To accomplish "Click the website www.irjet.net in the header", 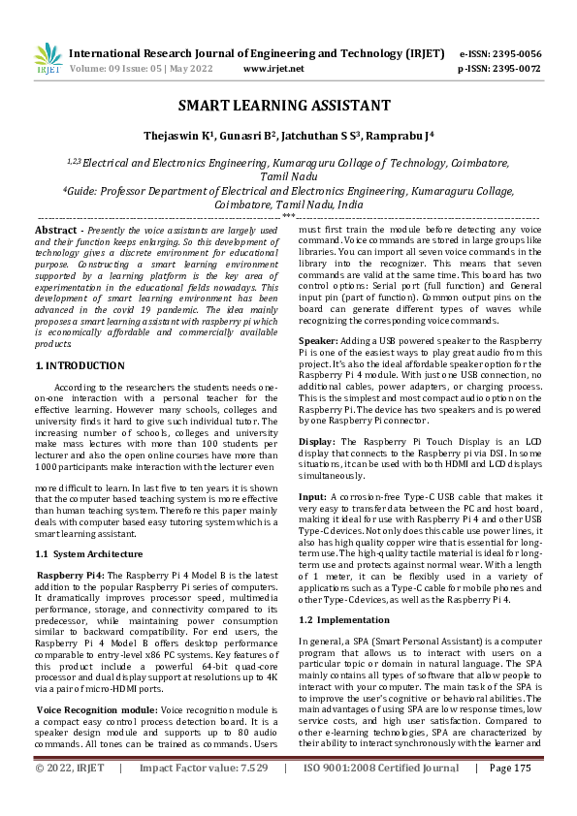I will point(273,69).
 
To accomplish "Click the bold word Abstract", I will point(55,230).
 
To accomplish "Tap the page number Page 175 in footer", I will point(510,795).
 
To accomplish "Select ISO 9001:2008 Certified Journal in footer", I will point(381,795).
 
